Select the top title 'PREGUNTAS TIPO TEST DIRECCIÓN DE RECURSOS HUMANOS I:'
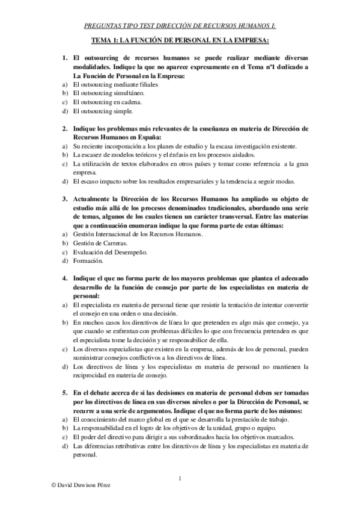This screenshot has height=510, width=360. pyautogui.click(x=180, y=26)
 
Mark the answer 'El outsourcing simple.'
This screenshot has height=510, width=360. pyautogui.click(x=99, y=111)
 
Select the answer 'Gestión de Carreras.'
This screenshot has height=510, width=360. pyautogui.click(x=96, y=243)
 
